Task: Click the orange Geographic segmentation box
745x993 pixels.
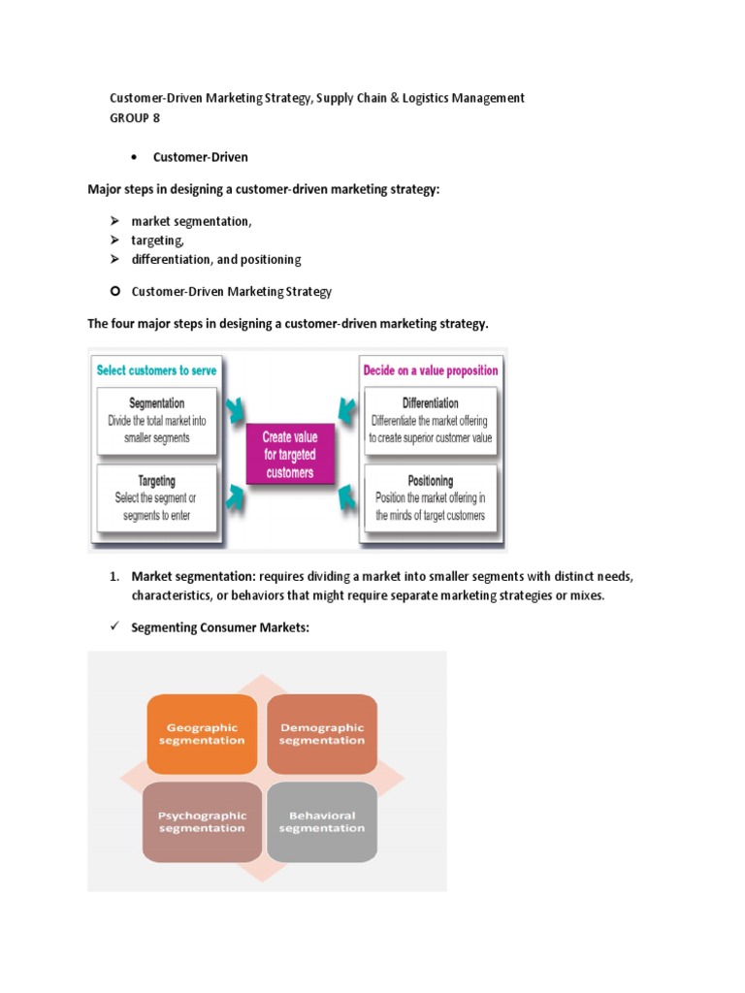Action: (203, 734)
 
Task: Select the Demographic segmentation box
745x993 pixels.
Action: (321, 734)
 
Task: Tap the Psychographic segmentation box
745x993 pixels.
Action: (202, 821)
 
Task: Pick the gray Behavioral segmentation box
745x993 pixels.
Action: (321, 821)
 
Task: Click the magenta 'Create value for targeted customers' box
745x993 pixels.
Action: (289, 454)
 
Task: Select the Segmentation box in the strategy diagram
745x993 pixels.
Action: (156, 421)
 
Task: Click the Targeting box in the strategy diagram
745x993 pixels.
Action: (156, 498)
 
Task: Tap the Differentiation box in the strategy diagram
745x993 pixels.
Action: (430, 421)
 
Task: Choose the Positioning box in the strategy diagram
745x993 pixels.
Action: (430, 498)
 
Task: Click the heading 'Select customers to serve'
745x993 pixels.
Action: (156, 370)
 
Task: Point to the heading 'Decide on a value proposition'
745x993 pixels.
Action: (430, 370)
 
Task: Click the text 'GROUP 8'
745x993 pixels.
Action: (135, 118)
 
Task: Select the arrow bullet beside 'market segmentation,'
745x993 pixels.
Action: (113, 221)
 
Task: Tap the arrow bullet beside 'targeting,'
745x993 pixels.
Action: (113, 240)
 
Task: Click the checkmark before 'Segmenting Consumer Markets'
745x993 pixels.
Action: (113, 627)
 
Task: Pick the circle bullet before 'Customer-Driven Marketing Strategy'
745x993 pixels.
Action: (114, 291)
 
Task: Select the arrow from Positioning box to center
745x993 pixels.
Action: (348, 497)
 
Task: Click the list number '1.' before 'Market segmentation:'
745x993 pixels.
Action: (114, 577)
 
